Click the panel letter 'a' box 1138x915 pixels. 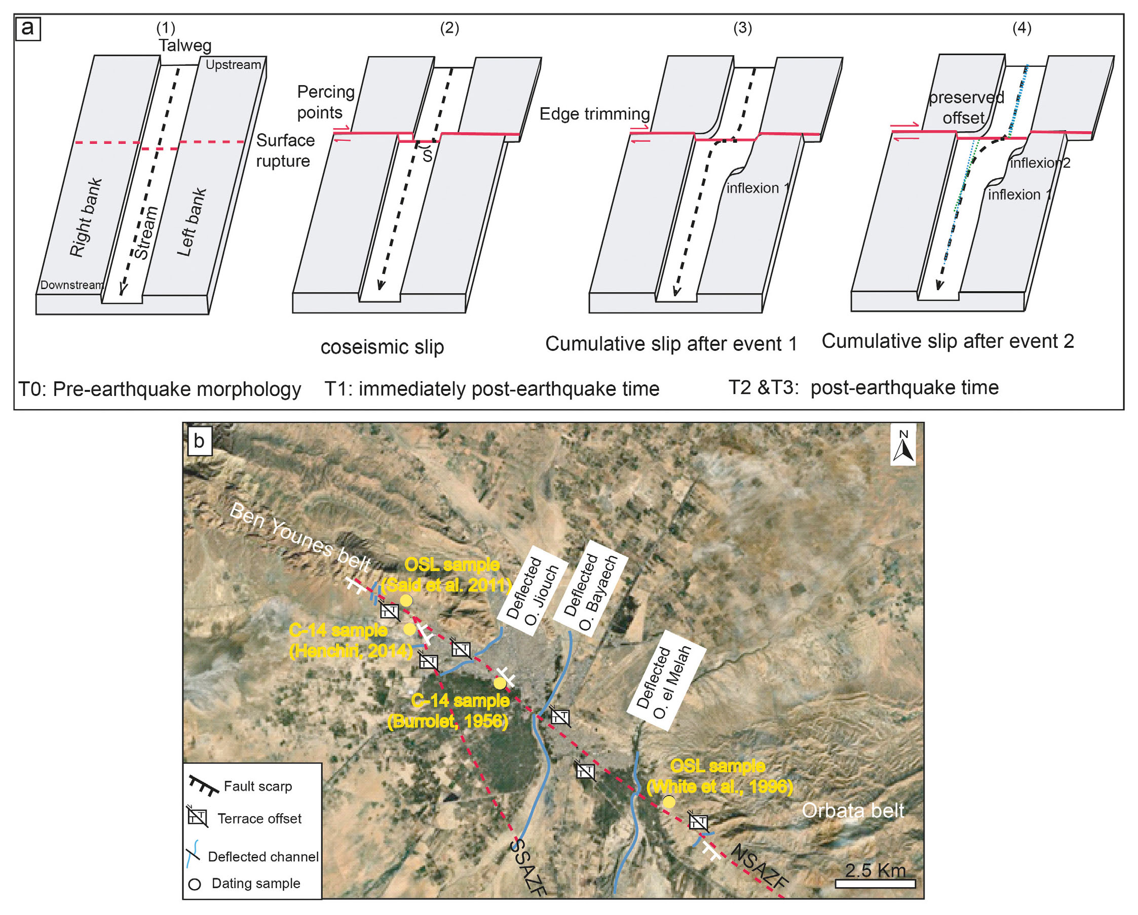[x=27, y=28]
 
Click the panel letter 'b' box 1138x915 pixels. [x=199, y=441]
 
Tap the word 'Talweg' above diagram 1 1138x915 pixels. [x=185, y=46]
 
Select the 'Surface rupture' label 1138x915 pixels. [x=285, y=150]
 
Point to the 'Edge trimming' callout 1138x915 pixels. [x=594, y=114]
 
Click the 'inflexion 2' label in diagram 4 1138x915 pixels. [x=1039, y=163]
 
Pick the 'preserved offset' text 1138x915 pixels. [x=965, y=107]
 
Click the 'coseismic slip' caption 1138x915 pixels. [x=382, y=346]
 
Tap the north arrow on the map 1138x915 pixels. [x=903, y=446]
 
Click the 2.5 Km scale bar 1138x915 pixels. [x=875, y=883]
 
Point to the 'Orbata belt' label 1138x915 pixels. [x=852, y=811]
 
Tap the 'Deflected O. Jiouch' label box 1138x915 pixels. [x=532, y=589]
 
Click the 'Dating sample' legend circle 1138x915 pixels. [x=195, y=885]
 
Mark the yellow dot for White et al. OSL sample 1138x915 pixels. [x=669, y=802]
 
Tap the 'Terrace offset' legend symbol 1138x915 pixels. [x=198, y=817]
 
